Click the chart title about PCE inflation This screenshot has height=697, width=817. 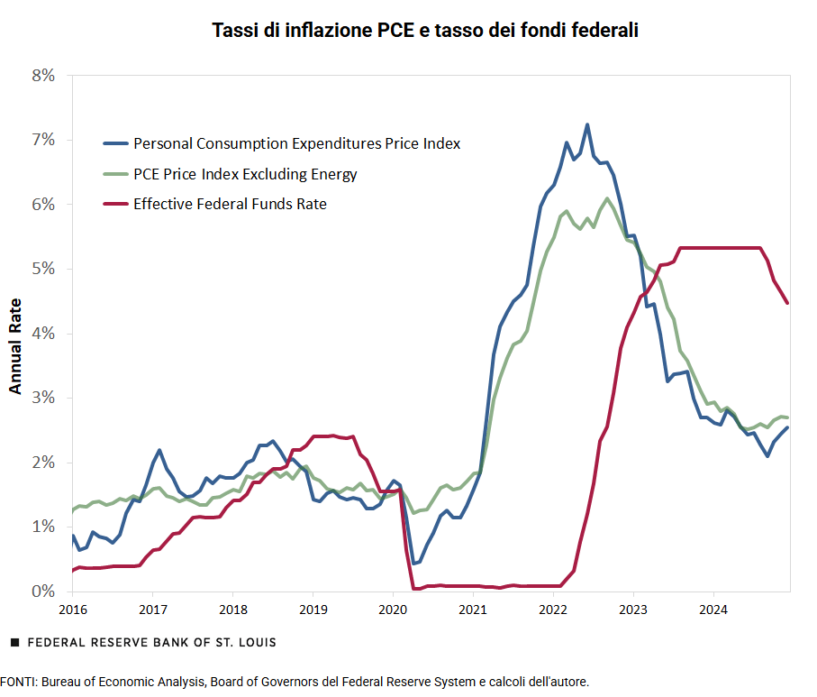click(x=425, y=31)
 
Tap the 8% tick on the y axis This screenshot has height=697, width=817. click(x=42, y=76)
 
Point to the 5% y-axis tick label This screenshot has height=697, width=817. click(x=42, y=270)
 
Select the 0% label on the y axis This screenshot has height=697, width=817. click(x=42, y=592)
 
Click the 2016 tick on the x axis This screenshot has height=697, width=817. click(x=73, y=610)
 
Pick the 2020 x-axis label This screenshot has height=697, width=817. click(x=393, y=610)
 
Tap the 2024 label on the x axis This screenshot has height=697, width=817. click(x=713, y=610)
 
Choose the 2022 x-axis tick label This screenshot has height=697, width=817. click(x=553, y=610)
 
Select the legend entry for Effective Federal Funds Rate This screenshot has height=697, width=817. click(x=230, y=204)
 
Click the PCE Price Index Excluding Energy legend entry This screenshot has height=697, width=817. click(x=245, y=174)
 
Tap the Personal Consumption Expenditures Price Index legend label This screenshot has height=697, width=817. click(x=296, y=143)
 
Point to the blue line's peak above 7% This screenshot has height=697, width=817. click(x=587, y=125)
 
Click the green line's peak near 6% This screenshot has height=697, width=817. click(x=607, y=198)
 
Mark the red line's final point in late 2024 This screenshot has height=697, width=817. click(x=787, y=303)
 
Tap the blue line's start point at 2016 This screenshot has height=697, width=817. click(x=73, y=537)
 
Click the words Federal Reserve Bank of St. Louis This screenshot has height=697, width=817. click(x=152, y=643)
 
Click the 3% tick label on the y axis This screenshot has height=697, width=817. click(x=42, y=399)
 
